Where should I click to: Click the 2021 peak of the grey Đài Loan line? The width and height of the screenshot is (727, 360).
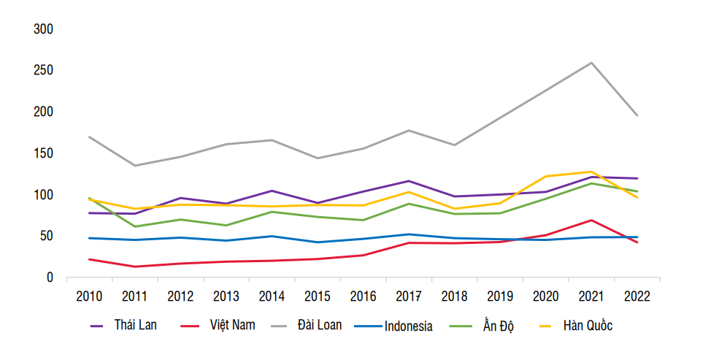[591, 63]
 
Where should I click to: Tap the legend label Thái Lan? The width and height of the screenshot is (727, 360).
[135, 325]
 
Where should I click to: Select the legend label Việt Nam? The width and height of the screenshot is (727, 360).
[232, 325]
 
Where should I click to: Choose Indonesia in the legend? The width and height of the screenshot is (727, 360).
[408, 326]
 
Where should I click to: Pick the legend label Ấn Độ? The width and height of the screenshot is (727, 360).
[498, 325]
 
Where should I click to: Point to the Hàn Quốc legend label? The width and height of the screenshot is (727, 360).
[588, 326]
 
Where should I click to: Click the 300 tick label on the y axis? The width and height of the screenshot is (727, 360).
[44, 29]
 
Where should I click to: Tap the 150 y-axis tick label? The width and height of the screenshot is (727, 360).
[44, 153]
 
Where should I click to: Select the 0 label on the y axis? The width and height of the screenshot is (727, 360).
[50, 278]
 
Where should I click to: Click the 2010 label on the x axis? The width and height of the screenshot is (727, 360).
[89, 296]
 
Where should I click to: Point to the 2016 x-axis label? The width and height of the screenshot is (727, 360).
[363, 296]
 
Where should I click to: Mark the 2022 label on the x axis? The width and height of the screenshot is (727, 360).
[636, 296]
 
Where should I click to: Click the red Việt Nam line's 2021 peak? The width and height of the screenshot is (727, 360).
[591, 220]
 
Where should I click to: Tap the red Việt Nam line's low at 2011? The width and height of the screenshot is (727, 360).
[134, 267]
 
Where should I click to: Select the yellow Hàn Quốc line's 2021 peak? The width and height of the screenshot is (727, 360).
[591, 172]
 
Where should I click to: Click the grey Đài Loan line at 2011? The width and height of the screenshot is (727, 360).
[134, 166]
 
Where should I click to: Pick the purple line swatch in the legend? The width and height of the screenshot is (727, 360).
[96, 326]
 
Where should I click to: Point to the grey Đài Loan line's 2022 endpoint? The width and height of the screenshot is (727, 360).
[637, 115]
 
